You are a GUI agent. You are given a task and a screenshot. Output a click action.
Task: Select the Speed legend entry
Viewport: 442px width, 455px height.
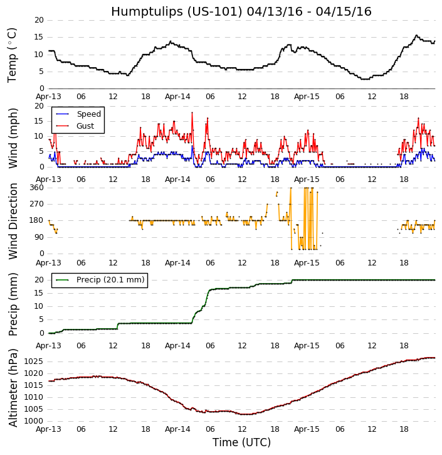coord(88,114)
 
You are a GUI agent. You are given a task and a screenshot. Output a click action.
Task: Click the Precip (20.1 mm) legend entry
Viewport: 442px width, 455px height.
coord(110,280)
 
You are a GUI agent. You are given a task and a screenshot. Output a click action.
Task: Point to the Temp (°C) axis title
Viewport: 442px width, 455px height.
coord(13,55)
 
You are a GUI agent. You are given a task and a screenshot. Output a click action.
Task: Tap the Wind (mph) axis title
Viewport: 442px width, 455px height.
coord(13,137)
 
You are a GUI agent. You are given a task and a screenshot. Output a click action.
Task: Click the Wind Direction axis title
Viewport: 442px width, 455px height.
coord(13,221)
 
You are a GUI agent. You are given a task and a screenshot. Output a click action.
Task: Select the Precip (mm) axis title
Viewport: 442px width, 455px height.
coord(13,304)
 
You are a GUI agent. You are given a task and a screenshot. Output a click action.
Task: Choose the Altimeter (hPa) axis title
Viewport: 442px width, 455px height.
coord(13,387)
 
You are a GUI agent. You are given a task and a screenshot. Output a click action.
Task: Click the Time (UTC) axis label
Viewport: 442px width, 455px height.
coord(241,442)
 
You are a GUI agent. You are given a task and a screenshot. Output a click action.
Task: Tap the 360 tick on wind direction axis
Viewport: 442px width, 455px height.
coord(36,188)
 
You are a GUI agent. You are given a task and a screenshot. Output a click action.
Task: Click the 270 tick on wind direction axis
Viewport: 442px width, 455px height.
coord(36,204)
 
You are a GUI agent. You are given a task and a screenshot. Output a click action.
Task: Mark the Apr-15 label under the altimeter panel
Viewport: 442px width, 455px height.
coord(307,431)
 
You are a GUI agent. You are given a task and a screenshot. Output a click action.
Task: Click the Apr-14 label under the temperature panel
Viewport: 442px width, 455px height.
coord(177,97)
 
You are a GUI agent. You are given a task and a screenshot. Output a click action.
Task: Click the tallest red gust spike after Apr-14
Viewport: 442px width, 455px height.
coord(192,113)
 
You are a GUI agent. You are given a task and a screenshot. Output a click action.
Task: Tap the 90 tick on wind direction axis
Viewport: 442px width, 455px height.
coord(38,237)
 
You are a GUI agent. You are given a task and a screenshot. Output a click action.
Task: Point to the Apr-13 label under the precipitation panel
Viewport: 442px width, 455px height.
coord(48,346)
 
